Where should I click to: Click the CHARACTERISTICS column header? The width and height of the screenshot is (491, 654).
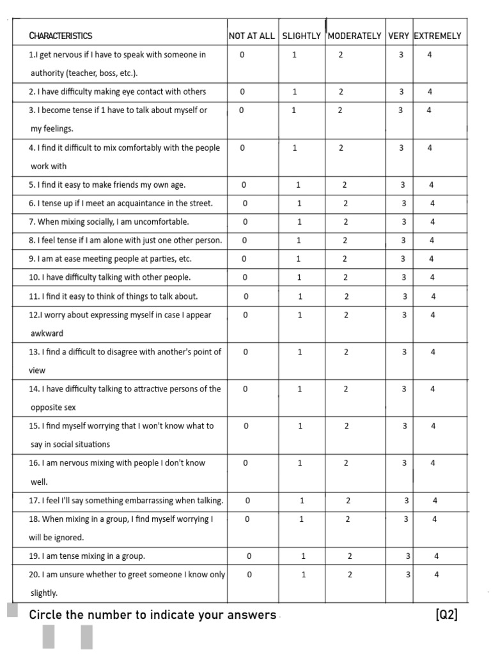click(x=61, y=36)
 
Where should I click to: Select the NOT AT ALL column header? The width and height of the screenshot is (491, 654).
click(x=251, y=36)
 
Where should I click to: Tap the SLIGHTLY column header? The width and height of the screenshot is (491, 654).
click(x=301, y=36)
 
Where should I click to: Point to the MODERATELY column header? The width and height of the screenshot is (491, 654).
click(x=354, y=36)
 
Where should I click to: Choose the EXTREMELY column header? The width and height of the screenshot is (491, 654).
click(x=437, y=36)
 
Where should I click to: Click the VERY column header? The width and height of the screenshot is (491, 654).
click(x=399, y=36)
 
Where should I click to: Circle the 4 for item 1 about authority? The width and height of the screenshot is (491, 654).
click(x=430, y=55)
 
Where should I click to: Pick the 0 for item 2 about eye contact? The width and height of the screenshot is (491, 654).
click(x=242, y=92)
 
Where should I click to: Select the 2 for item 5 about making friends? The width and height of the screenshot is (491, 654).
click(x=345, y=185)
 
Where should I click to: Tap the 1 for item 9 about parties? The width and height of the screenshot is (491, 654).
click(x=298, y=259)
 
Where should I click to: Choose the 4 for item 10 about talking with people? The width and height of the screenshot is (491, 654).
click(x=432, y=278)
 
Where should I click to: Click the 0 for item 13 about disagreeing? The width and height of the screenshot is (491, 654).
click(x=245, y=352)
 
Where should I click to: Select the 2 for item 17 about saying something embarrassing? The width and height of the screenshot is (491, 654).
click(x=348, y=501)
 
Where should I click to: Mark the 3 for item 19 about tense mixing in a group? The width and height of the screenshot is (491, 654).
click(x=408, y=556)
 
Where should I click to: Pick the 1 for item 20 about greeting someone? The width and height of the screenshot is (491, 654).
click(x=304, y=575)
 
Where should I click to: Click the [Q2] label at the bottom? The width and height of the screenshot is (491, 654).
click(x=446, y=615)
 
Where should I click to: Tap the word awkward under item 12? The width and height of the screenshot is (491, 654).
click(x=47, y=333)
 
